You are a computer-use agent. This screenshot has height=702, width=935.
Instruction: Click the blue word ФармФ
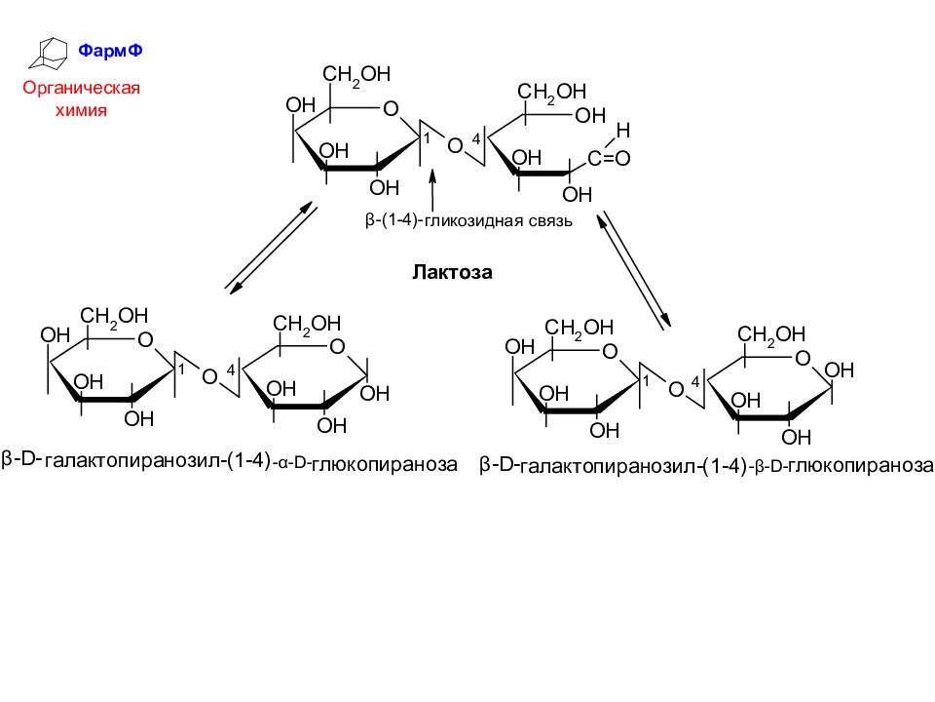tap(110, 51)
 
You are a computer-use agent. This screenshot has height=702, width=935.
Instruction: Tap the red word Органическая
tap(81, 88)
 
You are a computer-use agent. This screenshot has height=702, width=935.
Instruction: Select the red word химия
tap(81, 110)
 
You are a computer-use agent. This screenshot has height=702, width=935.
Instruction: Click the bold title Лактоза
tap(452, 272)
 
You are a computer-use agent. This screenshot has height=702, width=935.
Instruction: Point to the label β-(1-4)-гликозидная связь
tap(468, 221)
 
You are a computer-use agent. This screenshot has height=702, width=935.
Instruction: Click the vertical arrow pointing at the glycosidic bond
tap(432, 189)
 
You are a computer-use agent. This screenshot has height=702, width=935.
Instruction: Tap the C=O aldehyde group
tap(609, 158)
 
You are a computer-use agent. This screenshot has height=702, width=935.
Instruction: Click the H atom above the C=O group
tap(623, 130)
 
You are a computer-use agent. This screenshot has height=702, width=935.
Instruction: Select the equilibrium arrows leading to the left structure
tap(272, 247)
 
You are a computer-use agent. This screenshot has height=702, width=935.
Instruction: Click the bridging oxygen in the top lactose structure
tap(455, 145)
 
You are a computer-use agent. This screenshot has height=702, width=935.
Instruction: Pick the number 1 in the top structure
tap(427, 138)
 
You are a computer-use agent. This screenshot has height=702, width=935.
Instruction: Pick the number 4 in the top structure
tap(476, 139)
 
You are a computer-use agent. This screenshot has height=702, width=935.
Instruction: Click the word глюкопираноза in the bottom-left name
tap(384, 464)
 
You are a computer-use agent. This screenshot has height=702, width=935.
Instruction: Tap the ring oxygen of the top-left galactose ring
tap(391, 108)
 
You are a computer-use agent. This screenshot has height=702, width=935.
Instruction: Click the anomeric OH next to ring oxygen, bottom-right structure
tap(839, 370)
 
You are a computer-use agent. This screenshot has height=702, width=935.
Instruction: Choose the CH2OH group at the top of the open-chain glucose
tap(551, 92)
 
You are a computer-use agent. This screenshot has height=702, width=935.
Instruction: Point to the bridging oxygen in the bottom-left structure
tap(209, 376)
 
